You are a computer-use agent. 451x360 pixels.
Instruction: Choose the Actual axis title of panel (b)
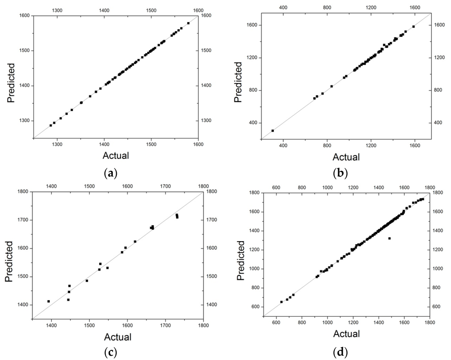click(346, 157)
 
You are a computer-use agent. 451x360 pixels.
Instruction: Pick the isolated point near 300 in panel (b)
click(273, 131)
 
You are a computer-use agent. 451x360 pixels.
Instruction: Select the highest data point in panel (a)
click(189, 23)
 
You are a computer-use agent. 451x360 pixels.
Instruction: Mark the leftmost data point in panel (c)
click(48, 301)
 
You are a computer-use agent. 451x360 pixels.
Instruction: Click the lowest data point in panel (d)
click(281, 302)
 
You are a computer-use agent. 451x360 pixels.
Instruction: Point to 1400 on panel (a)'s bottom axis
click(104, 143)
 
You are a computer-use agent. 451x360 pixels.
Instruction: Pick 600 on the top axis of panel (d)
click(276, 187)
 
